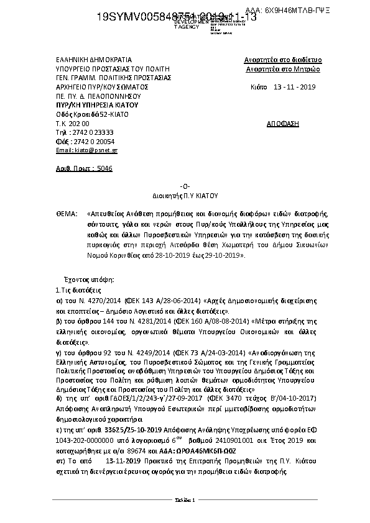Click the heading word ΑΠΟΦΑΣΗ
[x=283, y=124]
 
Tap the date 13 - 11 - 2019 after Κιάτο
[x=295, y=87]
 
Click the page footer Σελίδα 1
[x=185, y=500]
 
